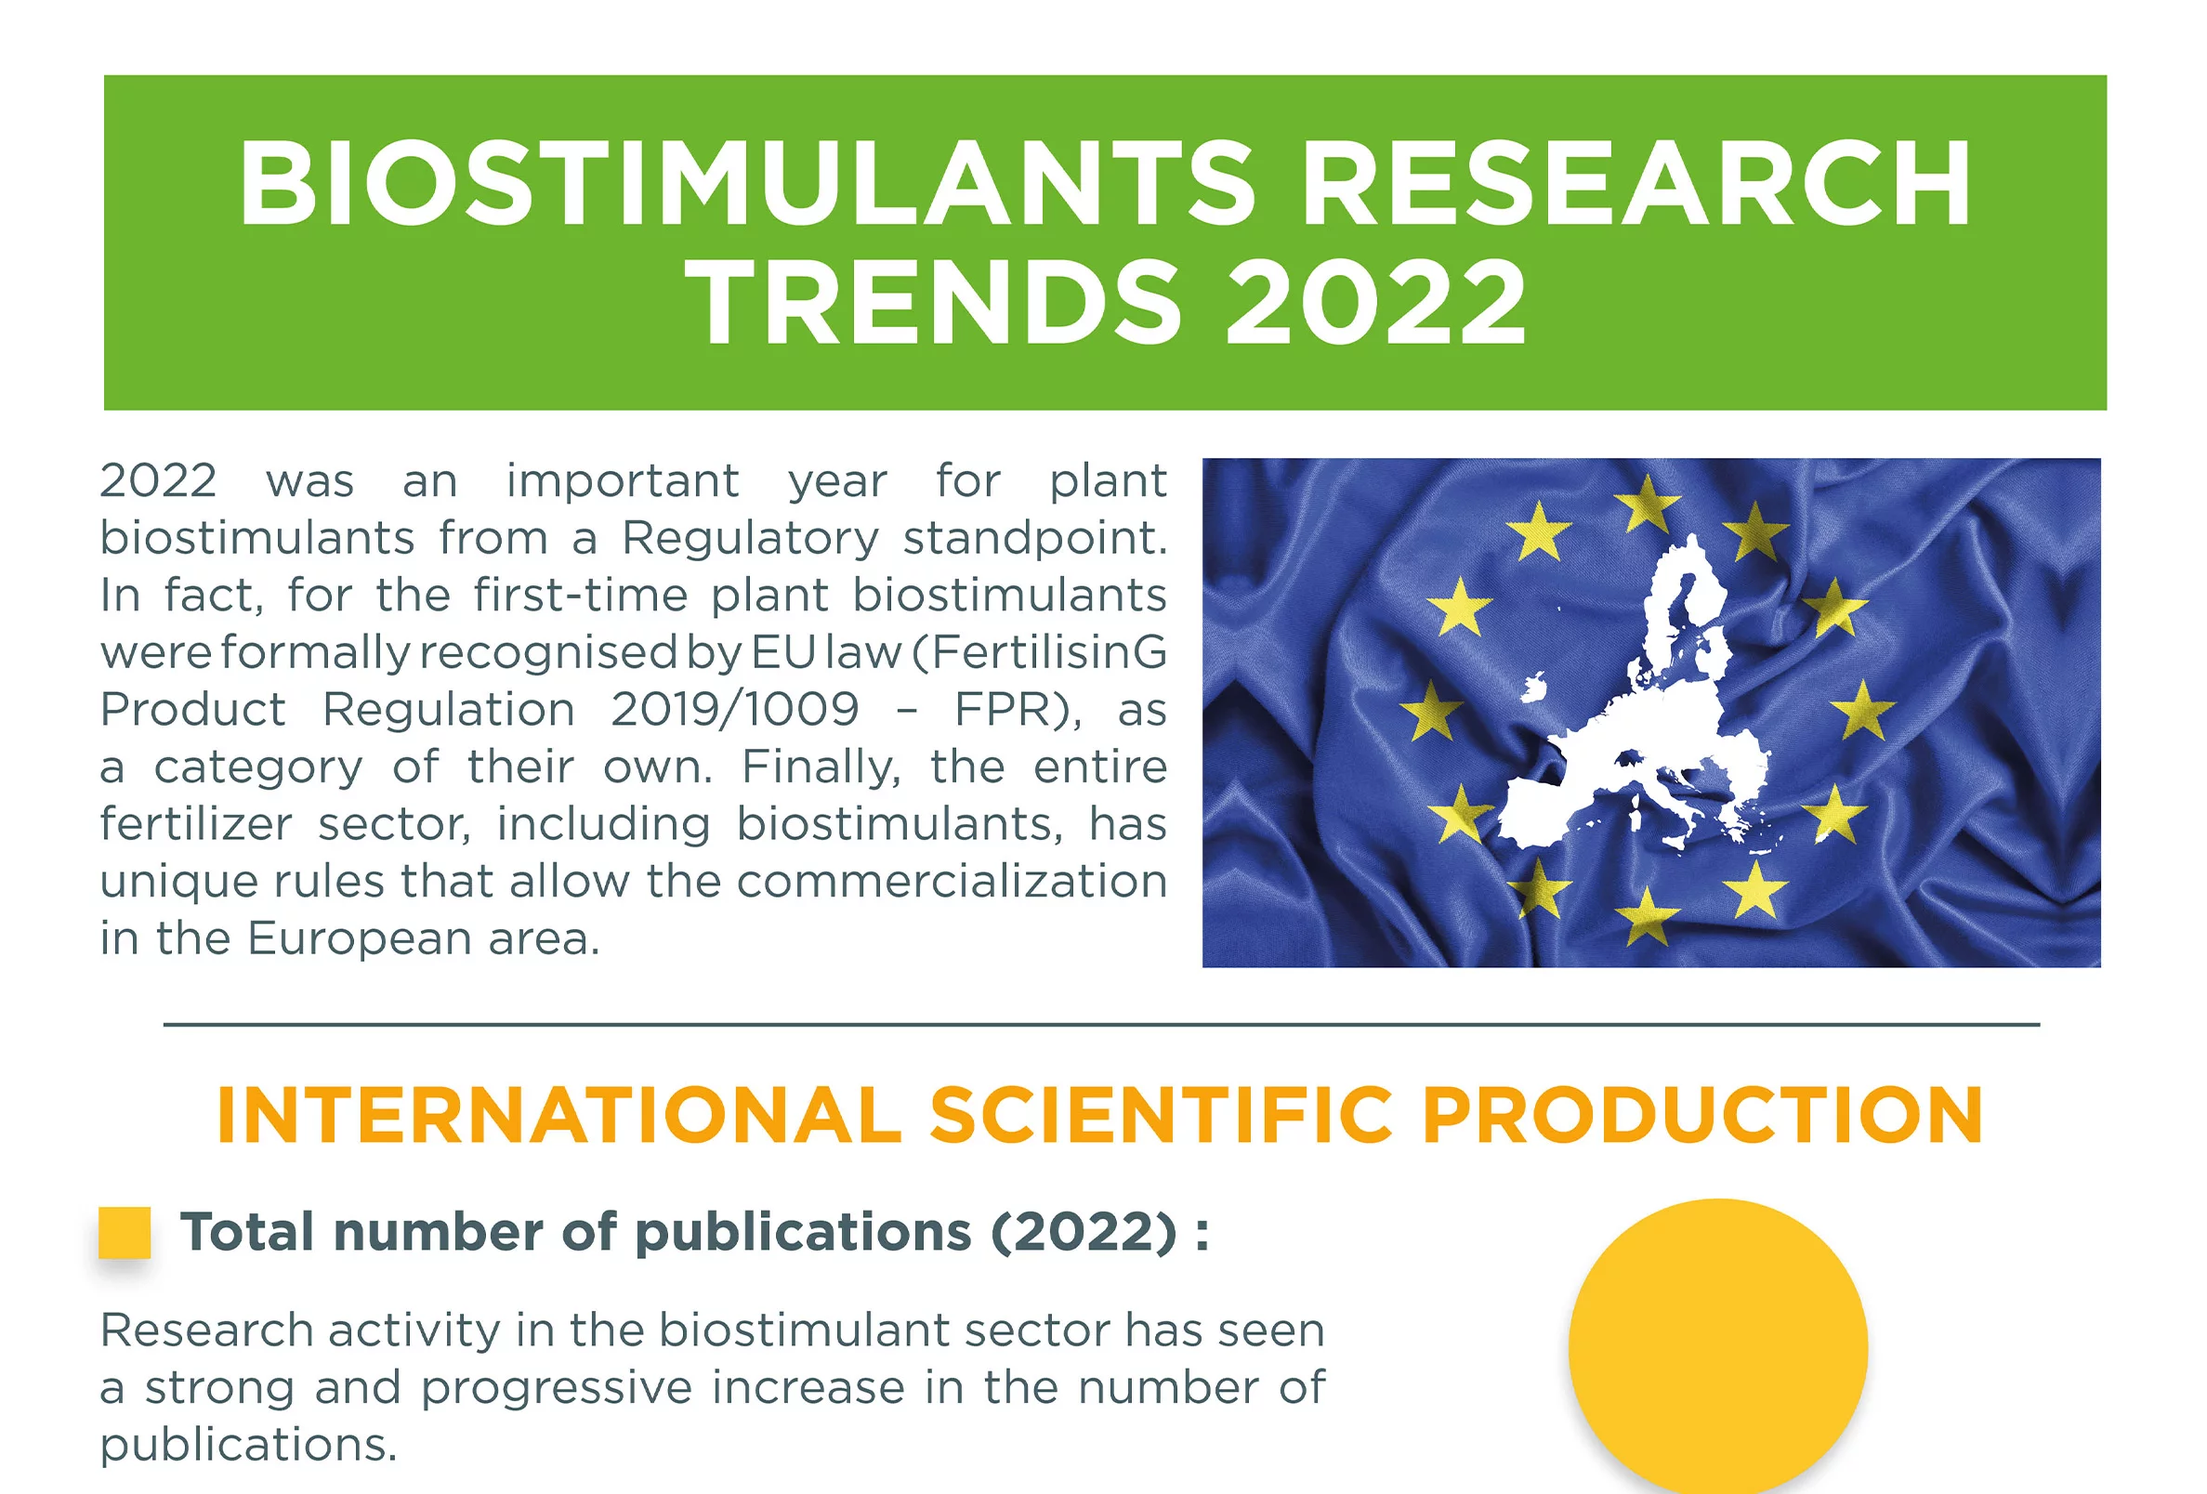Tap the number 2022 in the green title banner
click(x=1376, y=303)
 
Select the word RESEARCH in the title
click(x=1636, y=183)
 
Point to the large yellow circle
click(x=1717, y=1347)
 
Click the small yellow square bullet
click(x=125, y=1232)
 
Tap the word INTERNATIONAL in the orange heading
click(x=558, y=1115)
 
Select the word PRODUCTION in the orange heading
click(x=1701, y=1115)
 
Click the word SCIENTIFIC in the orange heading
click(x=1161, y=1115)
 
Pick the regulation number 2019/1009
click(x=734, y=710)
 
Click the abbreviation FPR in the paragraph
click(x=1011, y=710)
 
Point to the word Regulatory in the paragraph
click(x=750, y=539)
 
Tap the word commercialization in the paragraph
click(x=952, y=882)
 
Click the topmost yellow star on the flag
click(x=1647, y=504)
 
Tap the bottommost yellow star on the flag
click(x=1647, y=916)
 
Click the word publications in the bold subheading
click(x=803, y=1232)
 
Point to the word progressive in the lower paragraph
click(x=557, y=1388)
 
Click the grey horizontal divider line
click(x=1101, y=1025)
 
